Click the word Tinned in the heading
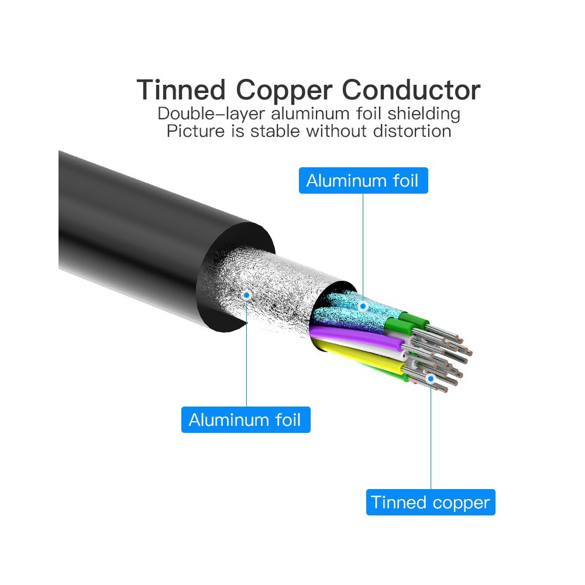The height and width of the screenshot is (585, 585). coord(181,90)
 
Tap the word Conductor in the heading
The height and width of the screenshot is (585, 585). coord(411,90)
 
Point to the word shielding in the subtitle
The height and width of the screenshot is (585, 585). coord(424,114)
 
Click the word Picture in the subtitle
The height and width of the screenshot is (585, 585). coord(195,131)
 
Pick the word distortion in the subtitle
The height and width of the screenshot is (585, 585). coord(412,131)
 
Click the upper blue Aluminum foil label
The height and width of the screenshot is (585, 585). coord(363,181)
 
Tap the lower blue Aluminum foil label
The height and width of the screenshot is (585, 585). coord(246,419)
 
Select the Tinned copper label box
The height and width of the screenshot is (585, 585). coord(431,502)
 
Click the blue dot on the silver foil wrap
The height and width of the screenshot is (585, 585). coord(247,295)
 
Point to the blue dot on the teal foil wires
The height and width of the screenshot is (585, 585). coord(363,307)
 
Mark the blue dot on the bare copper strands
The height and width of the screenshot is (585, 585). coord(431,378)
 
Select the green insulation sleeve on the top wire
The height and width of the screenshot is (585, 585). coord(414,319)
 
